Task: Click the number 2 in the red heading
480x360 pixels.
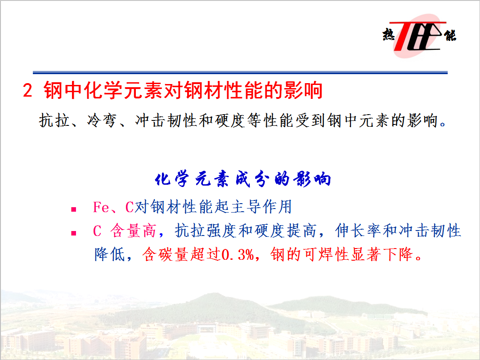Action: coord(27,90)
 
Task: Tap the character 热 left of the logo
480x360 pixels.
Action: coord(389,34)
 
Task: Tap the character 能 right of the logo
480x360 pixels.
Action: coord(450,35)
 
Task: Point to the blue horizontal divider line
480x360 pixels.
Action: coord(240,73)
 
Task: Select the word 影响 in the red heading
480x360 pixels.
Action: coord(303,90)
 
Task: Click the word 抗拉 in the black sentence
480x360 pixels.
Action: coord(54,120)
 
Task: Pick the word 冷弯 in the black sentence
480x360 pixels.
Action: coord(102,120)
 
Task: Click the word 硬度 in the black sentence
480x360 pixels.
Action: coord(230,120)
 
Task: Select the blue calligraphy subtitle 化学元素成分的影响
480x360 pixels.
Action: coord(243,179)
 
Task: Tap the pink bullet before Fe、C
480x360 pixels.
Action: coord(73,209)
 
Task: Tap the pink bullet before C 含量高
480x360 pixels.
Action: coord(73,233)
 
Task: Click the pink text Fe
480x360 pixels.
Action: coord(101,207)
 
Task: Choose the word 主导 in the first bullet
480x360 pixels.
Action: coord(246,207)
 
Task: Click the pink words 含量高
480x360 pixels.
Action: coord(134,231)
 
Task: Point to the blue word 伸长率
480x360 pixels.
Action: coord(359,231)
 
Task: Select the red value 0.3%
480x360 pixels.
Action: coord(238,254)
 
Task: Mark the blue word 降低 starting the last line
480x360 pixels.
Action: coord(110,254)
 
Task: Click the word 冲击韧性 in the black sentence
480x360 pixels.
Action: coord(166,120)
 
